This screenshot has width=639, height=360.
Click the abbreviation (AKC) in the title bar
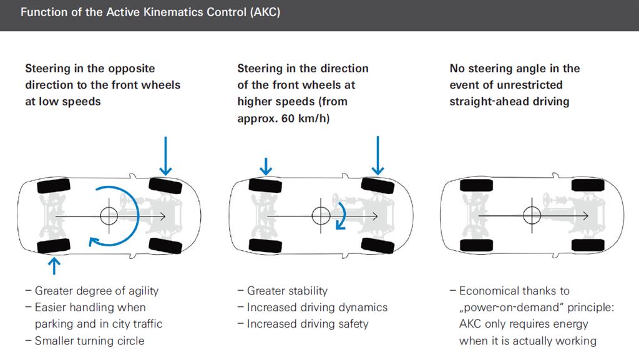265,13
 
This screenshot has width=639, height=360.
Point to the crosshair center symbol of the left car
109,216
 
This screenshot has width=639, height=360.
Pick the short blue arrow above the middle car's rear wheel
266,165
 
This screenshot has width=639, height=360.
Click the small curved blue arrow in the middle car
341,216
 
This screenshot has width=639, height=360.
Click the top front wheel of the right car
585,185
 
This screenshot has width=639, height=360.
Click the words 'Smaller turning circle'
89,341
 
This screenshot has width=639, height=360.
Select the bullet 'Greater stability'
287,291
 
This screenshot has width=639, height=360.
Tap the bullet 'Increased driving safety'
308,324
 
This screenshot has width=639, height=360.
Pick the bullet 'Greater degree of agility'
97,291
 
